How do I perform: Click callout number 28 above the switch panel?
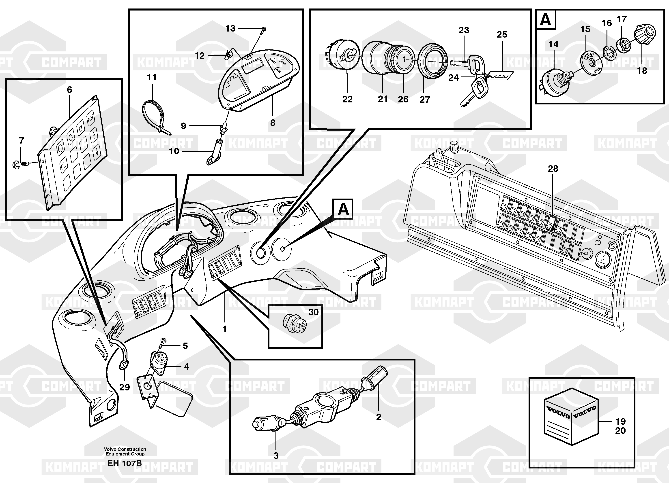pos(553,169)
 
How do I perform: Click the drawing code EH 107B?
pos(125,464)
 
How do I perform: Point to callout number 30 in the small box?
pos(313,312)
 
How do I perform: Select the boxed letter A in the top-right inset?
pos(545,20)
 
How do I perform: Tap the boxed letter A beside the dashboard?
pos(343,209)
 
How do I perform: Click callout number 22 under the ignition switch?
pos(347,100)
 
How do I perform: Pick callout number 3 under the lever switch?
pos(276,456)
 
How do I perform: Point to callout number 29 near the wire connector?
pos(125,387)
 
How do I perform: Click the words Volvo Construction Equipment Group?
pos(125,451)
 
